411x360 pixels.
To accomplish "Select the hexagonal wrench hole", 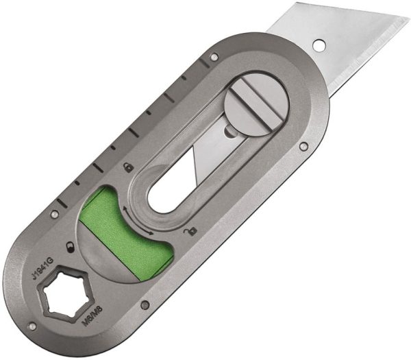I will [x=66, y=300].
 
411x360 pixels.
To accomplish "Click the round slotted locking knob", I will [x=256, y=101].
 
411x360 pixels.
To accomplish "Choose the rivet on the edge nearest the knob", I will [x=303, y=146].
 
